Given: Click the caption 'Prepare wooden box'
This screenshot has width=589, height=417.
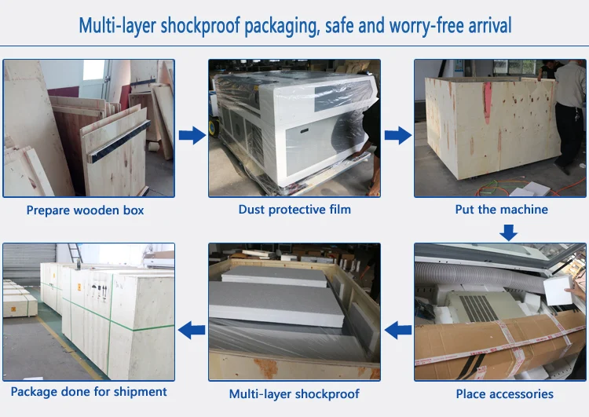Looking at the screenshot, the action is point(86,210).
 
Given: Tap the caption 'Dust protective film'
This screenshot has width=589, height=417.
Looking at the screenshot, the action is point(294,209).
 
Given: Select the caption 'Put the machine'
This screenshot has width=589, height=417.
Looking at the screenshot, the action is point(501,209).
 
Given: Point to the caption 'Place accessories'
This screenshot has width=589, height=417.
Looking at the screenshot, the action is point(504,393).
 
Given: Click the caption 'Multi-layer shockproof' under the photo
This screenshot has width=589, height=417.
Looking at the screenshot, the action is point(294,394).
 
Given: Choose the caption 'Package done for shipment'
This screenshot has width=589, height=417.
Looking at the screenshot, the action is point(89,392).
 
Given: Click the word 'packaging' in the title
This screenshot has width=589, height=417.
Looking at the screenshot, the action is point(282,27).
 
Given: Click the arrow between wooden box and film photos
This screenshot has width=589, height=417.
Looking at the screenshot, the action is point(192,135).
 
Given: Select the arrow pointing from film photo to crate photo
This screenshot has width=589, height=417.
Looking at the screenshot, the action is point(398,135).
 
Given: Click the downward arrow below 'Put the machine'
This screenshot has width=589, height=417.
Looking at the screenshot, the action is point(508,232).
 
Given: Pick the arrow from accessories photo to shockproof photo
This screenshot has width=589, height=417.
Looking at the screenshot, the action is point(398,330).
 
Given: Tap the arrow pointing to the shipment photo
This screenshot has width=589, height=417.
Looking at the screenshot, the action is point(192,330).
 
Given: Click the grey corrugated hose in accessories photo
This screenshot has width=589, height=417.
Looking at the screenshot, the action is point(479,276).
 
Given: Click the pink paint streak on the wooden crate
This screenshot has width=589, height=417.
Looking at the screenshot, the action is point(487,102).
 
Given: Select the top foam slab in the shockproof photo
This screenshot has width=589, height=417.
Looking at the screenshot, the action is point(274,276).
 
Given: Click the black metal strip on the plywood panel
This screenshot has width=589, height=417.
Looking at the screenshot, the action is point(120,141).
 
